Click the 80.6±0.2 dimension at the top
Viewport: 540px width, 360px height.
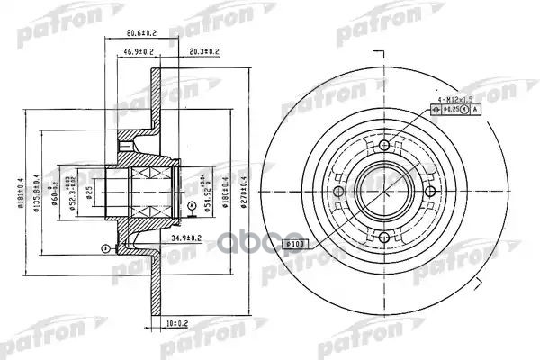(x=137, y=37)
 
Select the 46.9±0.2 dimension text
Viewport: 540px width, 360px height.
(x=138, y=51)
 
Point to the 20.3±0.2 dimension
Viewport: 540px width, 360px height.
(x=206, y=51)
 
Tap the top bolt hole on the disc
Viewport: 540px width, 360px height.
(x=384, y=147)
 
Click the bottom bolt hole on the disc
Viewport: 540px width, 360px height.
(x=384, y=238)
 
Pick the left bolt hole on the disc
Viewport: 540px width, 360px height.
(x=338, y=192)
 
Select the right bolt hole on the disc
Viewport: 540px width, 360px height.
(x=430, y=192)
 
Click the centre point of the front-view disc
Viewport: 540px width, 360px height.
(x=384, y=192)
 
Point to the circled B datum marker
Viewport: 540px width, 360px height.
(x=105, y=247)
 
